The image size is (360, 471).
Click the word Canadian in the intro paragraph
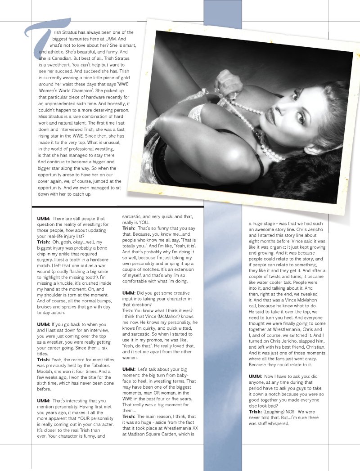pyautogui.click(x=67, y=58)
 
